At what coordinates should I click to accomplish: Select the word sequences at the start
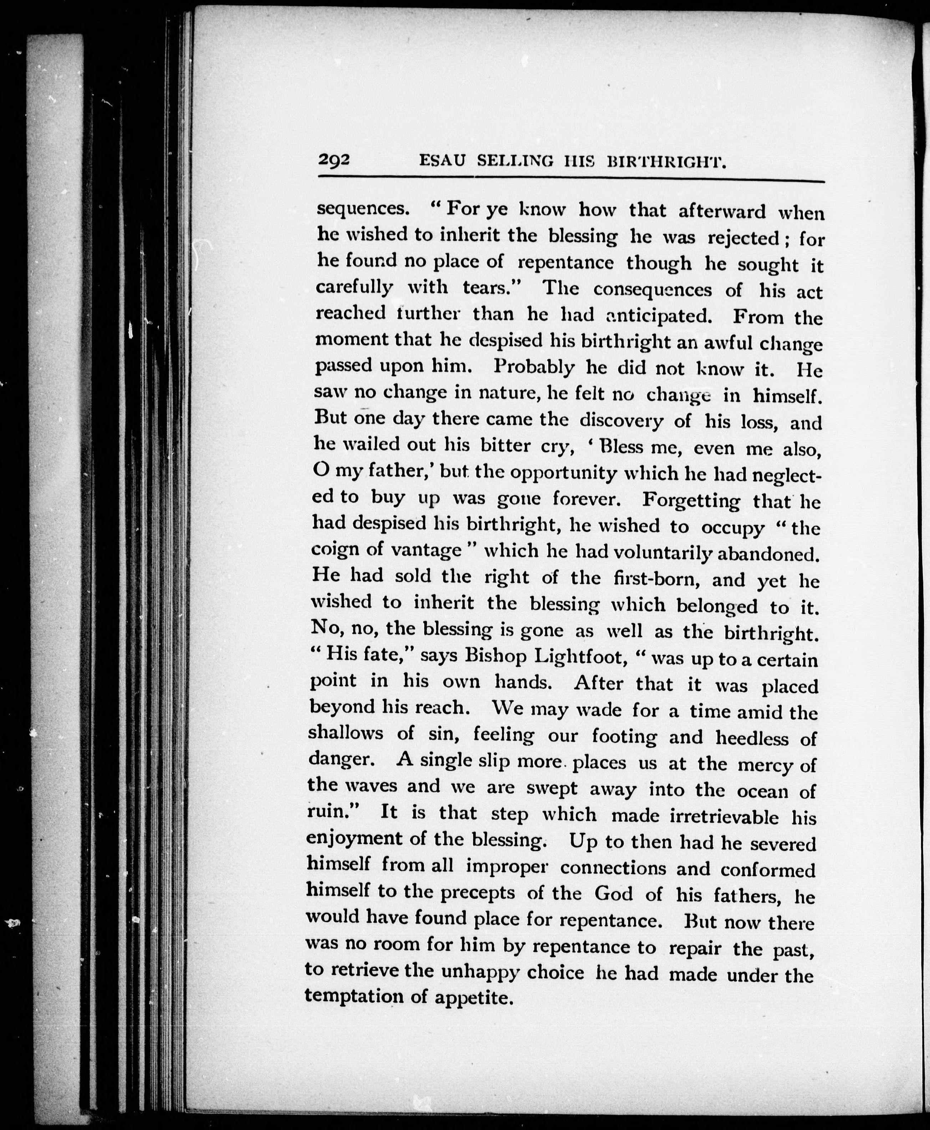pos(361,209)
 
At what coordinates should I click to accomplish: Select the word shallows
pos(346,733)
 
